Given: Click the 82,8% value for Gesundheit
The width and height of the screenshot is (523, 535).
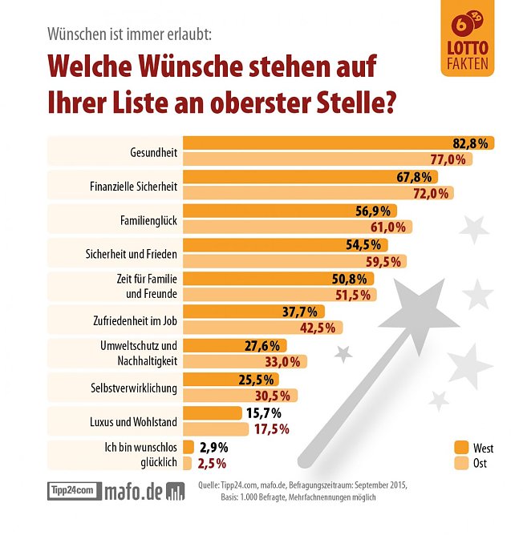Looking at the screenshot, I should [470, 143].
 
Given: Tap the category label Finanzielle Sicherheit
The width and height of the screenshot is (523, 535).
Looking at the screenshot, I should [133, 186].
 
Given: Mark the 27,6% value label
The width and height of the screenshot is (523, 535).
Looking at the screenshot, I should [261, 345].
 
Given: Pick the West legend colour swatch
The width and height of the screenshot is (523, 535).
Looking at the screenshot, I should [460, 447].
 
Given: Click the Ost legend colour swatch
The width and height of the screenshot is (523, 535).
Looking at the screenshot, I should [460, 463].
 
